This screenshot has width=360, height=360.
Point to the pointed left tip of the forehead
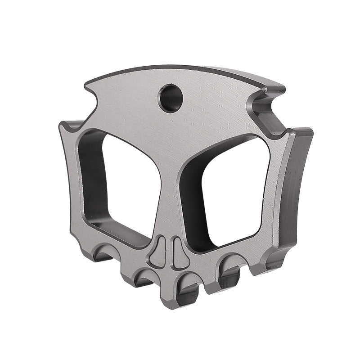[x=85, y=83]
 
